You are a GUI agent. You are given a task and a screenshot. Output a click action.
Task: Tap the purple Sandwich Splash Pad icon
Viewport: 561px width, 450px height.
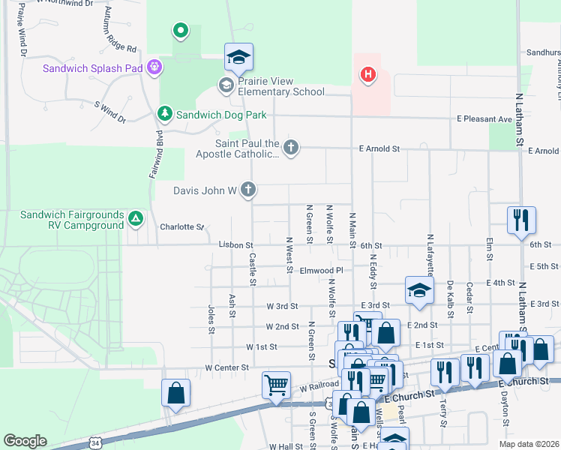[x=154, y=67]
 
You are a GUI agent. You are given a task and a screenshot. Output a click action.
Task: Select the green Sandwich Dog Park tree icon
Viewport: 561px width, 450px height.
[x=165, y=114]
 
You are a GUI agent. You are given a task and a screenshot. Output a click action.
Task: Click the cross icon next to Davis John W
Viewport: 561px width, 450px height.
[x=248, y=190]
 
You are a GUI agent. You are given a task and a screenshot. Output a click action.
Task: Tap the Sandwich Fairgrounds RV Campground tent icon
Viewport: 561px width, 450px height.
[x=135, y=219]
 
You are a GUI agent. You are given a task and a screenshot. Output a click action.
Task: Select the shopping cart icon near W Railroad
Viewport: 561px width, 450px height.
[x=277, y=385]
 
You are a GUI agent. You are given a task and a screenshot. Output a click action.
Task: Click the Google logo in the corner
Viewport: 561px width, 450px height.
[x=25, y=441]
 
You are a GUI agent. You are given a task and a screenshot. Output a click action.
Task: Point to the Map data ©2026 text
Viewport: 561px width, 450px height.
[x=529, y=444]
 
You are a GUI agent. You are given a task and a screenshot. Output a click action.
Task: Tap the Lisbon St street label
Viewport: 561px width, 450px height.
[x=236, y=245]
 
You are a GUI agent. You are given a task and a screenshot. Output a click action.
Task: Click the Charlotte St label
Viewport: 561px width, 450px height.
[x=182, y=226]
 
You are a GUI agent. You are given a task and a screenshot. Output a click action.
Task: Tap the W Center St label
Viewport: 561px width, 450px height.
[x=226, y=367]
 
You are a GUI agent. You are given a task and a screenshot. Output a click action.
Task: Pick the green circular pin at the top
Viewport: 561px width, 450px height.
[x=180, y=31]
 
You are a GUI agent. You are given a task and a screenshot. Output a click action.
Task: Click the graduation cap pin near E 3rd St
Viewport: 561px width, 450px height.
[x=419, y=290]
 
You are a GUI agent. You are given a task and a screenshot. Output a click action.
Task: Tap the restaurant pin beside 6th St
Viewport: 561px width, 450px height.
[x=521, y=220]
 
